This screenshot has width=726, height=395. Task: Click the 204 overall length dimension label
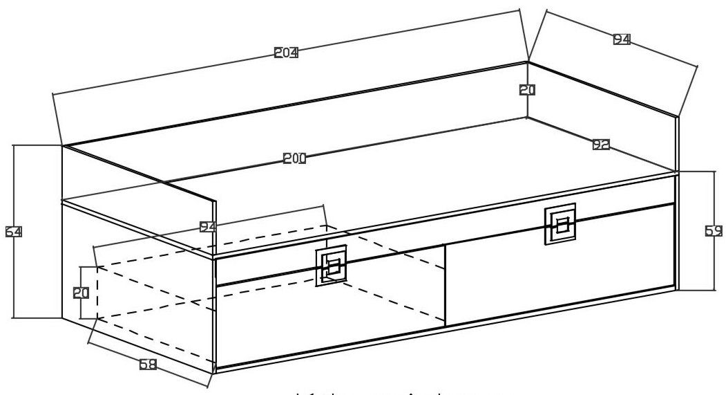286,53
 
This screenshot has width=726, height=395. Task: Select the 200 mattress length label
295,158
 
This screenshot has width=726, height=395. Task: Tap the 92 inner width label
601,145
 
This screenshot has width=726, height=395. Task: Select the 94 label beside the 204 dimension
622,40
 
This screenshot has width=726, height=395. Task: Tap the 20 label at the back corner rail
528,89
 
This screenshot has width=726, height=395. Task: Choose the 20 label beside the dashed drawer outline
82,293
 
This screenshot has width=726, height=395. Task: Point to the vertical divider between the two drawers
445,284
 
